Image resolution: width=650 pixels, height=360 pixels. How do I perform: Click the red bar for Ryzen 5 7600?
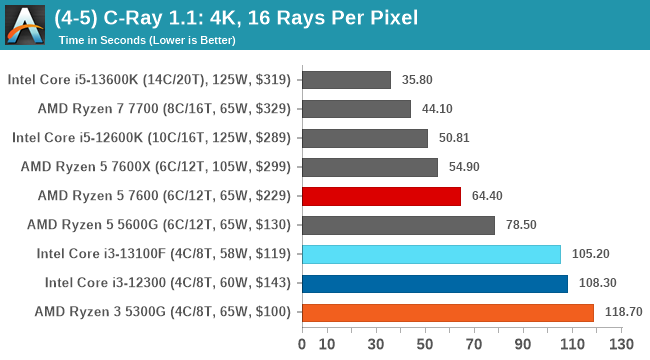coord(381,196)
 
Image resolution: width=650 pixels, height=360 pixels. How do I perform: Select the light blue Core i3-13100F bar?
coord(431,254)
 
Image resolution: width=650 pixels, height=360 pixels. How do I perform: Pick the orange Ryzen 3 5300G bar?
coord(447,312)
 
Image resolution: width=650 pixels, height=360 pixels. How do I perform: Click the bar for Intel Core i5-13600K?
coord(345,80)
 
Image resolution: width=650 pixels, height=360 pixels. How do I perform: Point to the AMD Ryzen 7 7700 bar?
coord(356,109)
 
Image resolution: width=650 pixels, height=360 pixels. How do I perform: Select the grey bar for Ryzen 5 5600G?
coord(398,225)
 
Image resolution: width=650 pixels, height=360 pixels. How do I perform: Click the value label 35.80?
coord(417,80)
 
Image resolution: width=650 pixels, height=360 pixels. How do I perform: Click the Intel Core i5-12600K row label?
coord(151,138)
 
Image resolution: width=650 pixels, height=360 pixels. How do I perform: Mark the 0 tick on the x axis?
coord(302,345)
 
